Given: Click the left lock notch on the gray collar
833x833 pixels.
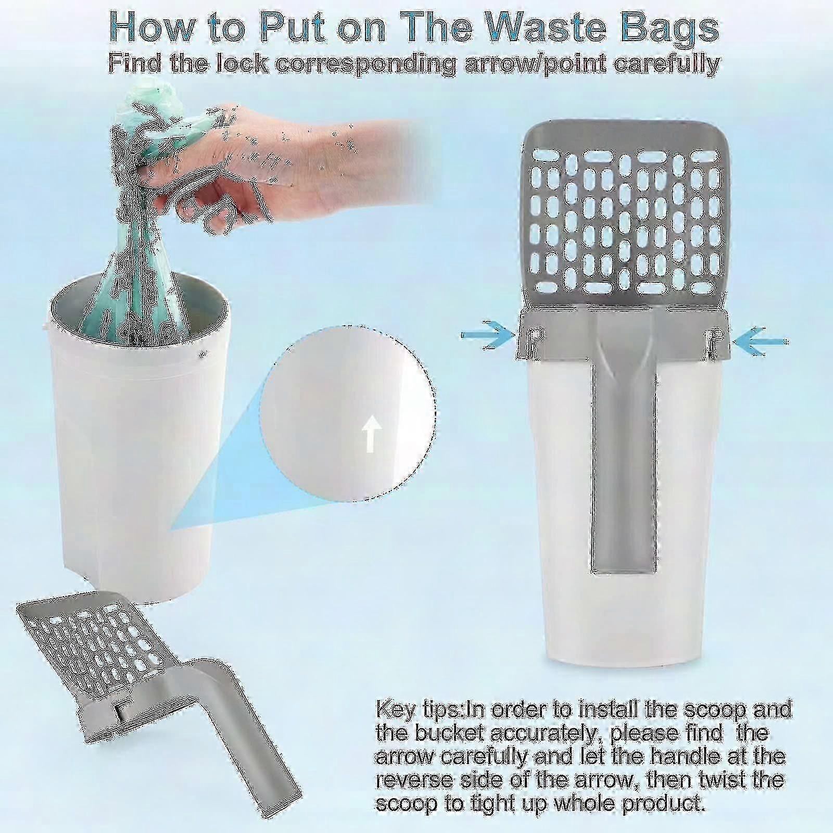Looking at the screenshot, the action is (534, 338).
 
